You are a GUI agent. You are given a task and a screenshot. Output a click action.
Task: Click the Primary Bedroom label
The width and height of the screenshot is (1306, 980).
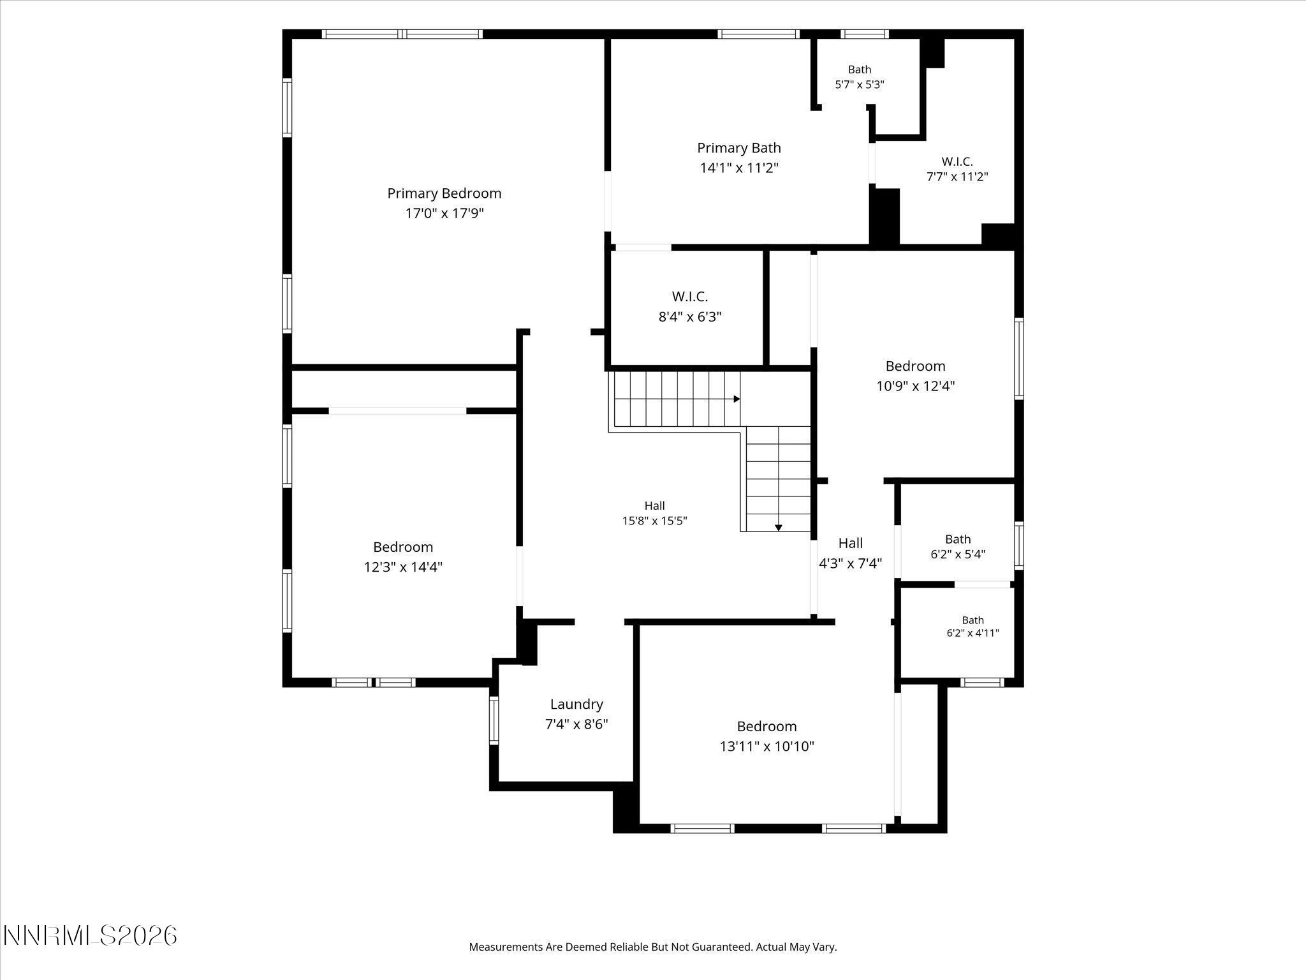(x=444, y=193)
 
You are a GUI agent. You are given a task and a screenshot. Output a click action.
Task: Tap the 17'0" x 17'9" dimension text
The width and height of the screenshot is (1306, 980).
(x=444, y=213)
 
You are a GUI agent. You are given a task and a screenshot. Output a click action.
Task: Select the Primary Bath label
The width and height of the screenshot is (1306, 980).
(x=738, y=148)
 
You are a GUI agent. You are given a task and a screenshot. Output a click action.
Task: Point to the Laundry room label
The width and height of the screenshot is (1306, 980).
(x=576, y=704)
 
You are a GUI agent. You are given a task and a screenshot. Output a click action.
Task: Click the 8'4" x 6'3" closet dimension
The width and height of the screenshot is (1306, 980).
(x=689, y=316)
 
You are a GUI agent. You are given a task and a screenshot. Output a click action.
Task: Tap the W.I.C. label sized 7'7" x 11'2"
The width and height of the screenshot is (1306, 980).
(x=957, y=162)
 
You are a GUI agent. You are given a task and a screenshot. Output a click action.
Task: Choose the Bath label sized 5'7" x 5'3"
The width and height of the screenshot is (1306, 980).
(x=860, y=70)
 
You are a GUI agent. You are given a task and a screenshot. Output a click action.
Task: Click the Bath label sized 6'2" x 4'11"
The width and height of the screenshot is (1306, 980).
(x=972, y=620)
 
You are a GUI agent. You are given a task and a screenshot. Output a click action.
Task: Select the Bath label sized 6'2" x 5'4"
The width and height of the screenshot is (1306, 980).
(x=958, y=539)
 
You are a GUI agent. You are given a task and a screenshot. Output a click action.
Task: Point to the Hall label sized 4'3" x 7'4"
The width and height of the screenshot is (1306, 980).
(x=850, y=543)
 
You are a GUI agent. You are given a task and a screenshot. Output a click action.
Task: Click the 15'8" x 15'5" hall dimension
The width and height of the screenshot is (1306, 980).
(x=654, y=521)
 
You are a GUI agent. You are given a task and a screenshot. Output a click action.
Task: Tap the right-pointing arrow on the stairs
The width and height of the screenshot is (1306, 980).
(x=737, y=399)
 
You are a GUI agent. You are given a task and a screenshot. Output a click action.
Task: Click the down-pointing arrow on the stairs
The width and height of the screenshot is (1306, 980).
(x=779, y=528)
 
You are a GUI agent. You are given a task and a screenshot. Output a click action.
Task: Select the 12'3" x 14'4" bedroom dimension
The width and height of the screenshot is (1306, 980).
(x=403, y=567)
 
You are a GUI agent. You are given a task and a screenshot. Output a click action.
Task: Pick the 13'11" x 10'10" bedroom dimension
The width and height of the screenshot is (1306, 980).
(x=767, y=746)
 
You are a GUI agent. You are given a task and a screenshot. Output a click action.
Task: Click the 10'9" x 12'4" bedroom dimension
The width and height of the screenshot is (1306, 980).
(x=915, y=386)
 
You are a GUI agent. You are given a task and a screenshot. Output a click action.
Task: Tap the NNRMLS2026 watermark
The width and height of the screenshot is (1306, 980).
(x=90, y=936)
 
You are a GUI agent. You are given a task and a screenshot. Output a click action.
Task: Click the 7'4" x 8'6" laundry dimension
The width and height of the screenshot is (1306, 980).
(x=576, y=725)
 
